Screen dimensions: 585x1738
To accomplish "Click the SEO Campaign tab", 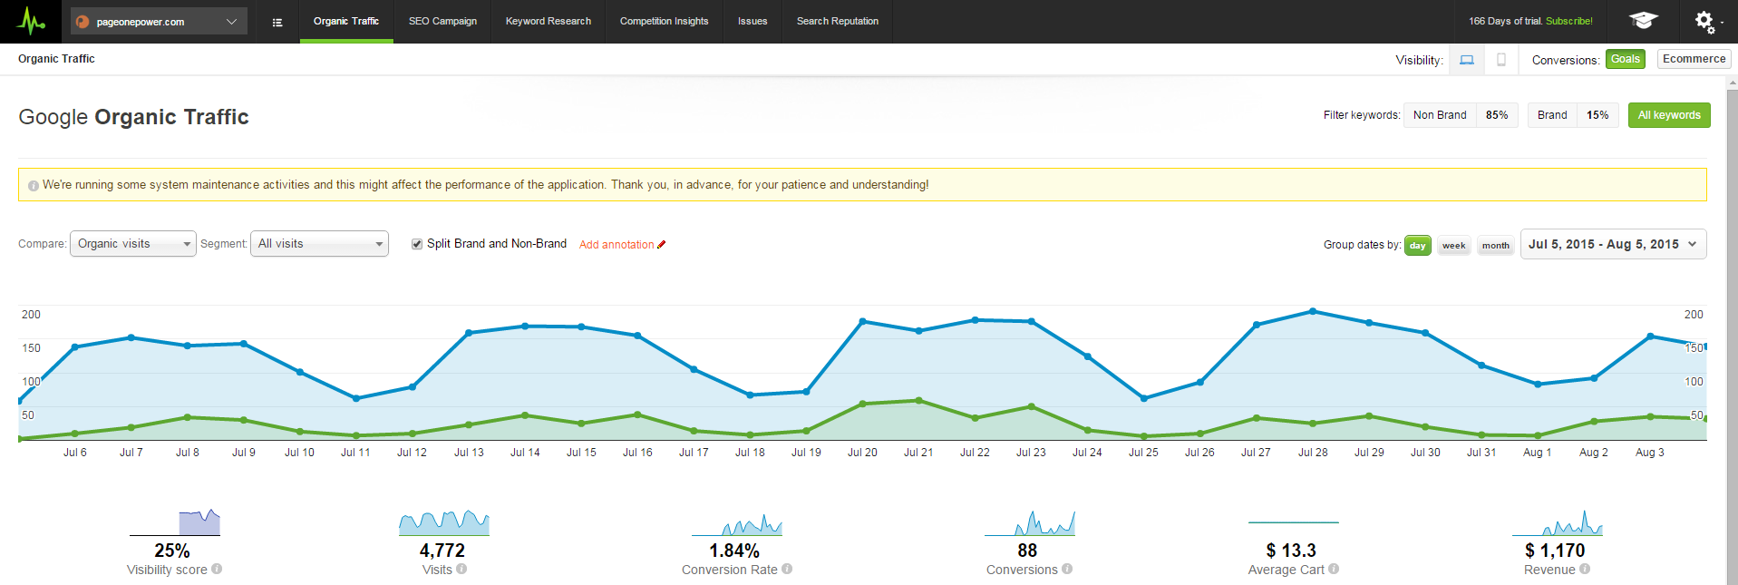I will pos(442,21).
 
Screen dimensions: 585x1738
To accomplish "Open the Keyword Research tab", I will pos(548,21).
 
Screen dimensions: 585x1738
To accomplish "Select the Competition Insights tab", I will pos(664,21).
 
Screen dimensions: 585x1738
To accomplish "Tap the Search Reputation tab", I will pos(837,21).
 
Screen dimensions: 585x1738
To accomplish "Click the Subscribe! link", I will pos(1568,21).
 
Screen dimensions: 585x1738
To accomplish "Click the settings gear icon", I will pos(1704,21).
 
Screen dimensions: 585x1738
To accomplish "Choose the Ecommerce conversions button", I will pos(1694,59).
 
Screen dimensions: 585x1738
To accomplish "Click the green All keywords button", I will pos(1668,115).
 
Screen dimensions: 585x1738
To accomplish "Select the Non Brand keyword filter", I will pos(1440,115).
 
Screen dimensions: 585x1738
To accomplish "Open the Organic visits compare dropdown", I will pos(132,244).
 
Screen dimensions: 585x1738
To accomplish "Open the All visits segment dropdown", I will pos(319,244).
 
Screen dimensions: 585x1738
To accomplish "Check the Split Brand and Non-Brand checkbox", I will pos(417,244).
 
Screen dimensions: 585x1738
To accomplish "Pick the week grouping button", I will pos(1453,246).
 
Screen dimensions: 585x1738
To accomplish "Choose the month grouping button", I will pos(1495,246).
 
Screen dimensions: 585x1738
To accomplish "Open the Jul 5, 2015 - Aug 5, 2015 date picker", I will pos(1612,244).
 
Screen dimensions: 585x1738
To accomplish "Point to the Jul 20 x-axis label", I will pos(862,453).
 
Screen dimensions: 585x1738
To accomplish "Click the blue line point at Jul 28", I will pos(1313,311).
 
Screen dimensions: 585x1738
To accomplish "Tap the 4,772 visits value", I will pos(442,551).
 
